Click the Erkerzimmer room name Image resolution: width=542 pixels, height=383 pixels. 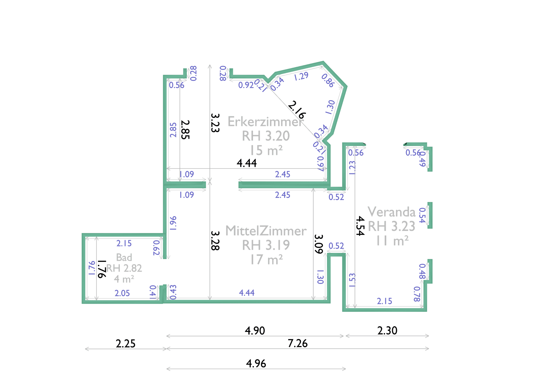tap(265, 122)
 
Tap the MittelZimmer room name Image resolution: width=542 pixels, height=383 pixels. tap(266, 231)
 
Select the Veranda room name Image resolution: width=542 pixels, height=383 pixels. tap(392, 212)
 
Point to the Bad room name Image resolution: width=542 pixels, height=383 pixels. tap(124, 257)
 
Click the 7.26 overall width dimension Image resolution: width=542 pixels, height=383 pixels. tap(298, 343)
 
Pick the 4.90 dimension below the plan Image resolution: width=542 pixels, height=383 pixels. tap(255, 331)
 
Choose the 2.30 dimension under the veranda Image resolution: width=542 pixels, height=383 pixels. tap(387, 331)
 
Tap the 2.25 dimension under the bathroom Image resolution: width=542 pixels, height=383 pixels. tap(126, 343)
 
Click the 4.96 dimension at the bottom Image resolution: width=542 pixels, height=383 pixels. tap(256, 364)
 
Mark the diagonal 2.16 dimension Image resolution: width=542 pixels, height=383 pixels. tap(297, 110)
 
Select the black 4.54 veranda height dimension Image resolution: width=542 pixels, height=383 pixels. tap(360, 226)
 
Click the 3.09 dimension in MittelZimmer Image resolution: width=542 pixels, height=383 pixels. tap(319, 244)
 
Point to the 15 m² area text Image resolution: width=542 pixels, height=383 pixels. tap(266, 150)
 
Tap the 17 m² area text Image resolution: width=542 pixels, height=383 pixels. tap(266, 260)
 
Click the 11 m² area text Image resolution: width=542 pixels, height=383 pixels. tap(392, 241)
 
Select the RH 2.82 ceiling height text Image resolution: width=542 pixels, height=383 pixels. tap(124, 268)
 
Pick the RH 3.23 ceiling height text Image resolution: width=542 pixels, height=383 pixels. tap(392, 226)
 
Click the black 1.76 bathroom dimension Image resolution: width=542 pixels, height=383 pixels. tap(102, 269)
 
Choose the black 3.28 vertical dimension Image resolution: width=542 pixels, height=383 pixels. tap(215, 241)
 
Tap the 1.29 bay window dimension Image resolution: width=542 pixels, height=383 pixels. tap(301, 76)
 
